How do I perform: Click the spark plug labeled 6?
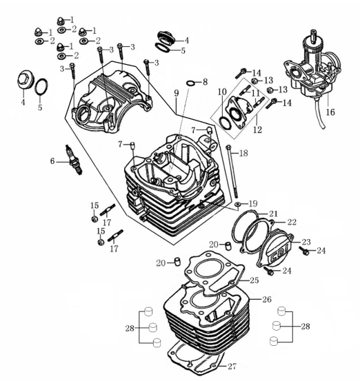click(x=74, y=159)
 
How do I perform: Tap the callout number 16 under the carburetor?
click(x=330, y=112)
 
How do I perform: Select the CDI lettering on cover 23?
click(x=279, y=254)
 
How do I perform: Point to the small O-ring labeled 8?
click(x=190, y=83)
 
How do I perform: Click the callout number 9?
click(x=177, y=93)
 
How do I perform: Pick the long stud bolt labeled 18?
click(x=232, y=172)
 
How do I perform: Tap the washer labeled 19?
click(x=238, y=205)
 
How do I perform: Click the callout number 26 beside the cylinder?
click(x=267, y=299)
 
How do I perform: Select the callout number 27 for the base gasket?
click(x=232, y=366)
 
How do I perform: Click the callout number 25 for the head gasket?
click(x=254, y=280)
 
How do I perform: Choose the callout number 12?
click(x=258, y=130)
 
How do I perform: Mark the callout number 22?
click(x=292, y=222)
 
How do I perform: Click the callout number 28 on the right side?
click(x=306, y=326)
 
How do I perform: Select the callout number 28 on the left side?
click(x=130, y=329)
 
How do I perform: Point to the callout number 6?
click(x=52, y=161)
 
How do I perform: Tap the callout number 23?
click(x=306, y=242)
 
